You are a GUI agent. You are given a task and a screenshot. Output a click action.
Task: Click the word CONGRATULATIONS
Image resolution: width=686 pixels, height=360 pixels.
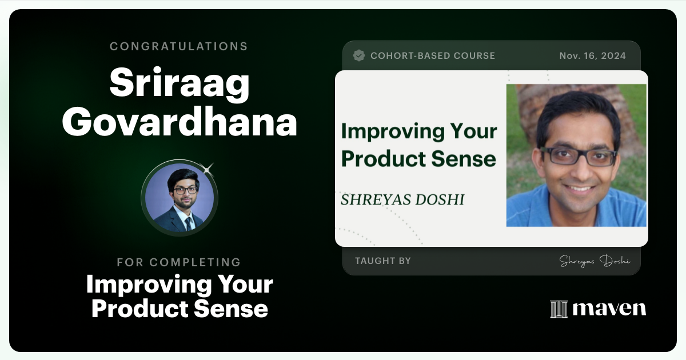click(x=179, y=46)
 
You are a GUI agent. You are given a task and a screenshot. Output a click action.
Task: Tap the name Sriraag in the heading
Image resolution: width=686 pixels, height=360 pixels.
click(x=180, y=84)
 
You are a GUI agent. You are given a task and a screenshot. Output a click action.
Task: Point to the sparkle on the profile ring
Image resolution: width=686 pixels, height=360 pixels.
click(x=208, y=169)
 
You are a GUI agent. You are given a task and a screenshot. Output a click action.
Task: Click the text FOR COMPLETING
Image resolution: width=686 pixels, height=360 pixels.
click(x=179, y=262)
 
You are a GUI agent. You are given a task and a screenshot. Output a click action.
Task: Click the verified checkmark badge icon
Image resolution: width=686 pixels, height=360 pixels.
click(x=359, y=55)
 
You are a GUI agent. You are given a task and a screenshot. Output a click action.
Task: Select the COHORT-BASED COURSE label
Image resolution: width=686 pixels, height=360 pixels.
click(x=433, y=56)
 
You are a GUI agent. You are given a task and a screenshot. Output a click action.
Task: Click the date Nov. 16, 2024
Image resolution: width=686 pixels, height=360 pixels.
click(x=592, y=56)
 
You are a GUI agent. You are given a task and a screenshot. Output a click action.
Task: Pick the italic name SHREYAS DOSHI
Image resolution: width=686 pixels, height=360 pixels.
click(x=402, y=199)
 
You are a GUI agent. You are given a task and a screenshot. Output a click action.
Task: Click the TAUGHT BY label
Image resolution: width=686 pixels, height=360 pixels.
click(x=382, y=261)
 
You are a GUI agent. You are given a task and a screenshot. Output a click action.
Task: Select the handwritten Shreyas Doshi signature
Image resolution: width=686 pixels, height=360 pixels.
click(x=595, y=261)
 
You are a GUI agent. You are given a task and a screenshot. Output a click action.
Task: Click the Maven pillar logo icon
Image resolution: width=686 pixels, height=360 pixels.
click(x=559, y=309)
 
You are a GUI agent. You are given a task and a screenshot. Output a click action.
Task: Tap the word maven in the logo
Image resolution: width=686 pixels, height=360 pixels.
click(x=609, y=309)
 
